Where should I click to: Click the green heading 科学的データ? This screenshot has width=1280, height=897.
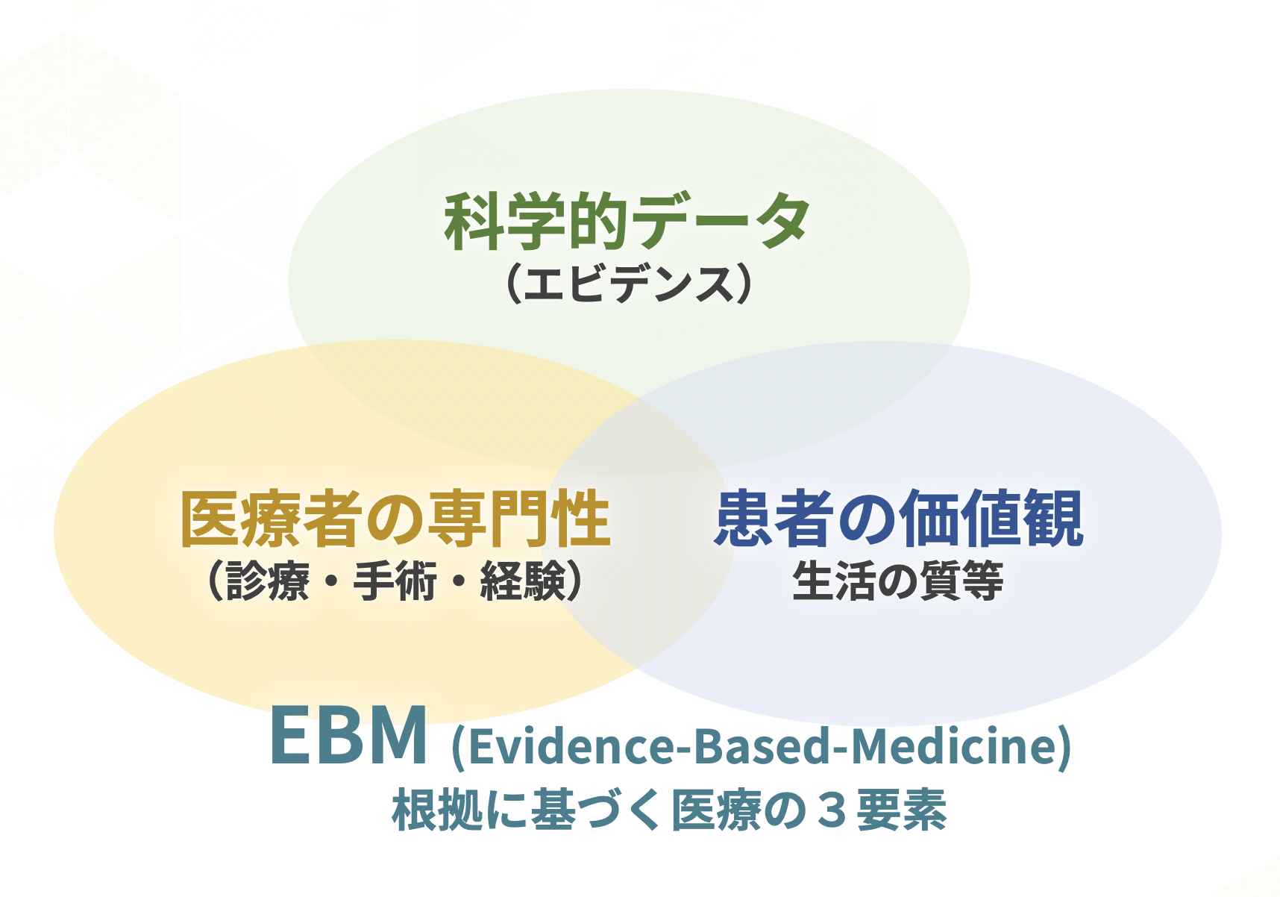(627, 221)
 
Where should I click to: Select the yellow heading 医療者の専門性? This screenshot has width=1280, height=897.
(395, 519)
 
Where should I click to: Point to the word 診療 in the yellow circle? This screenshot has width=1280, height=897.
(268, 581)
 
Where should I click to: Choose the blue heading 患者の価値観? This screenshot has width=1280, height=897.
(899, 519)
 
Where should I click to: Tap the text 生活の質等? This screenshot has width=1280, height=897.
(898, 581)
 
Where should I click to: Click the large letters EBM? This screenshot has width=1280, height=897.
(349, 735)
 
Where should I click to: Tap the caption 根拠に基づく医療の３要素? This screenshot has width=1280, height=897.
(670, 810)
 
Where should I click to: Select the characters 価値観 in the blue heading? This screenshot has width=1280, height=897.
(991, 519)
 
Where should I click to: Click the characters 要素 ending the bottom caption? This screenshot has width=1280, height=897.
(902, 810)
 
